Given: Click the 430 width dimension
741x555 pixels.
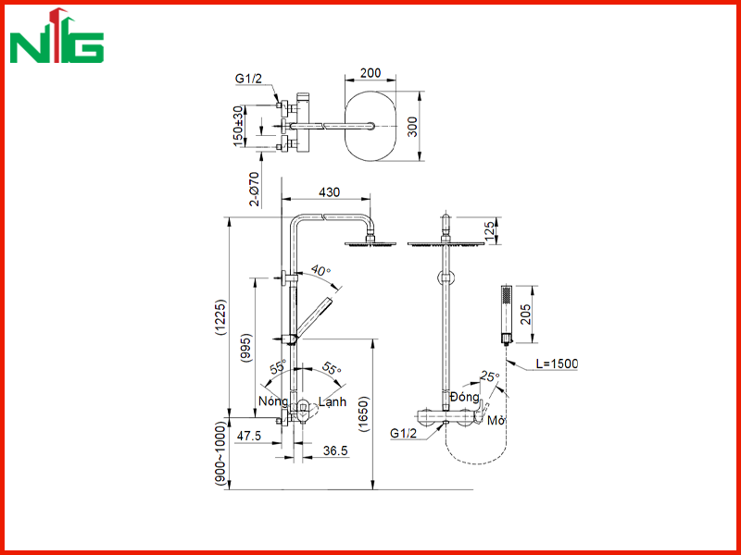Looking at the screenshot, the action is pyautogui.click(x=329, y=192).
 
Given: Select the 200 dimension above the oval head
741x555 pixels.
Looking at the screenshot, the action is pyautogui.click(x=370, y=73).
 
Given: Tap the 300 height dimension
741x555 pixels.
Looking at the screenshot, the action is pyautogui.click(x=412, y=127).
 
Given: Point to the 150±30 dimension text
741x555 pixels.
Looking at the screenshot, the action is pyautogui.click(x=240, y=126).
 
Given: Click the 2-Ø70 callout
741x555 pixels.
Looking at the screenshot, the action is pyautogui.click(x=254, y=189).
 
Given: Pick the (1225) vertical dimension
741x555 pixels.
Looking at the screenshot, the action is pyautogui.click(x=220, y=317).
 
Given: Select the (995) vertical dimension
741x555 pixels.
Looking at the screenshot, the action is pyautogui.click(x=246, y=349).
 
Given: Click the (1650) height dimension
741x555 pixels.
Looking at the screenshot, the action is pyautogui.click(x=363, y=414).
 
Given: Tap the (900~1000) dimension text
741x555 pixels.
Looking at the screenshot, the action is pyautogui.click(x=220, y=452).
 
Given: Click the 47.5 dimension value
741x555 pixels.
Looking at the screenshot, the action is pyautogui.click(x=249, y=436).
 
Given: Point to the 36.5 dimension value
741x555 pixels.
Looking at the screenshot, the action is pyautogui.click(x=335, y=450).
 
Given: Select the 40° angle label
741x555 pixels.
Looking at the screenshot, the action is pyautogui.click(x=320, y=271).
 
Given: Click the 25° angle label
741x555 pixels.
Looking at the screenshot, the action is pyautogui.click(x=490, y=376).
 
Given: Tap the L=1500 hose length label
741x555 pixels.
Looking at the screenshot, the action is pyautogui.click(x=557, y=364).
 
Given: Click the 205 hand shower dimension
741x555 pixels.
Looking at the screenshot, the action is pyautogui.click(x=525, y=314).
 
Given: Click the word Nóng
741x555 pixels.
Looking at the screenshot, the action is pyautogui.click(x=273, y=401).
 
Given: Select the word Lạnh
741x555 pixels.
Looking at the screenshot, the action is pyautogui.click(x=333, y=402).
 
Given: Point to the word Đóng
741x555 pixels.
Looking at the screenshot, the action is pyautogui.click(x=465, y=397).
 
